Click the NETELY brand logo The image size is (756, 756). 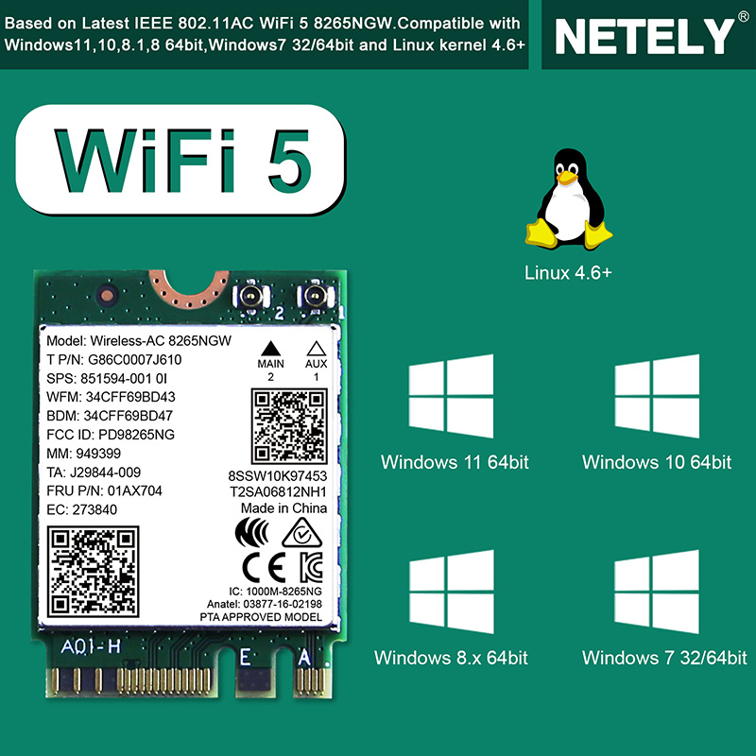coord(644,36)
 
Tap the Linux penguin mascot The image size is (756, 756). coord(569,198)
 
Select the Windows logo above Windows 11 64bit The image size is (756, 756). coord(451,396)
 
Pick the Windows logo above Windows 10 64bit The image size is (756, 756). coord(657,396)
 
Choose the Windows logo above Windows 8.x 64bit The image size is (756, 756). coord(452,592)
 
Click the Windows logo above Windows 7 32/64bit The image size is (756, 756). coord(657,592)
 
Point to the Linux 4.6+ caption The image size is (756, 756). coord(568,273)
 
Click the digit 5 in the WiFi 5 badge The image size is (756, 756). coord(289,161)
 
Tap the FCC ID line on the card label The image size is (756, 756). coord(111,435)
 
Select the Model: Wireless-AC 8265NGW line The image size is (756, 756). coord(139,341)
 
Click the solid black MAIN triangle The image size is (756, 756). coord(270,348)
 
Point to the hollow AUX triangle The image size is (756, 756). coord(317,348)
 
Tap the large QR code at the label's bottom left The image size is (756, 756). coord(93,572)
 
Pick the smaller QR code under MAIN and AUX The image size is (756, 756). coord(289,426)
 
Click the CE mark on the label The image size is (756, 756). coord(264,568)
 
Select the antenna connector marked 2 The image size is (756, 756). coord(250,297)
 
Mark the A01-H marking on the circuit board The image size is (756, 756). coord(91,646)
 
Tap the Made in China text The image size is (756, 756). coord(284,508)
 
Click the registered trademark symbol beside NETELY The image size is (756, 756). coord(744,17)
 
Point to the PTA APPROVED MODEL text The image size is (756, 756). coord(261,617)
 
